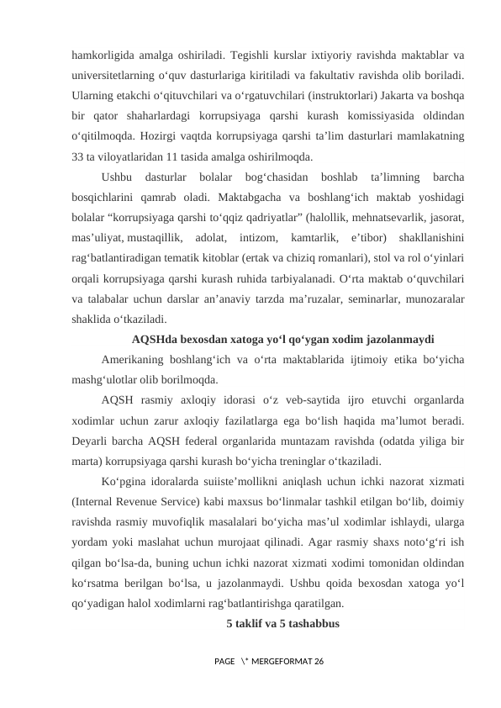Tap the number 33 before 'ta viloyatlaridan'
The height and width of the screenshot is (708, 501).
(x=78, y=156)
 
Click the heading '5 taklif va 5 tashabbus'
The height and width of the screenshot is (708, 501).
(x=282, y=623)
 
